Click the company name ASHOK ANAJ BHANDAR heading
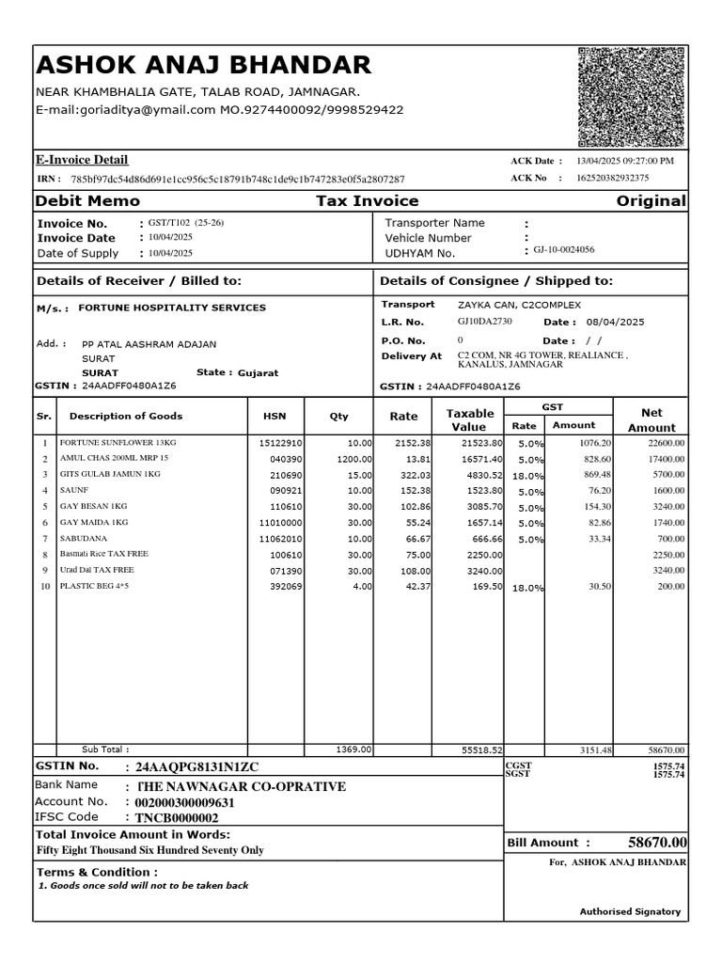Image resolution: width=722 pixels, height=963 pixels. click(x=203, y=65)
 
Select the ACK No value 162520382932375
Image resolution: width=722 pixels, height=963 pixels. click(x=612, y=178)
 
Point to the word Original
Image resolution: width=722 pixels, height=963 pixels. click(x=651, y=201)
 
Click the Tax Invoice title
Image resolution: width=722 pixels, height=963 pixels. click(x=367, y=201)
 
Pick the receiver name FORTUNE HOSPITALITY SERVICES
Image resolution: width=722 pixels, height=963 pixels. click(x=172, y=308)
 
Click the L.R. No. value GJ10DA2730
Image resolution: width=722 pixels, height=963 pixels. click(x=485, y=322)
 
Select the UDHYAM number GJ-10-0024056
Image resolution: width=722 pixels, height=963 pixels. click(x=564, y=250)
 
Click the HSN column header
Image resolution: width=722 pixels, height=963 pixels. click(x=275, y=417)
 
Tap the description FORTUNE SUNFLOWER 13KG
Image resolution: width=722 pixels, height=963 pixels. click(x=118, y=442)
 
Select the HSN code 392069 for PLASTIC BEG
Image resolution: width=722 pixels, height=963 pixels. click(x=286, y=587)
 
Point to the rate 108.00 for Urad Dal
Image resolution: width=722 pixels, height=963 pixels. click(x=416, y=571)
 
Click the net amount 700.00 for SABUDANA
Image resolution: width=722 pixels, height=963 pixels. click(x=670, y=539)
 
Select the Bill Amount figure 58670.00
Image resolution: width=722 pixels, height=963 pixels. click(x=657, y=843)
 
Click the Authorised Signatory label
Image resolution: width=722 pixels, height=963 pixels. click(x=629, y=911)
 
